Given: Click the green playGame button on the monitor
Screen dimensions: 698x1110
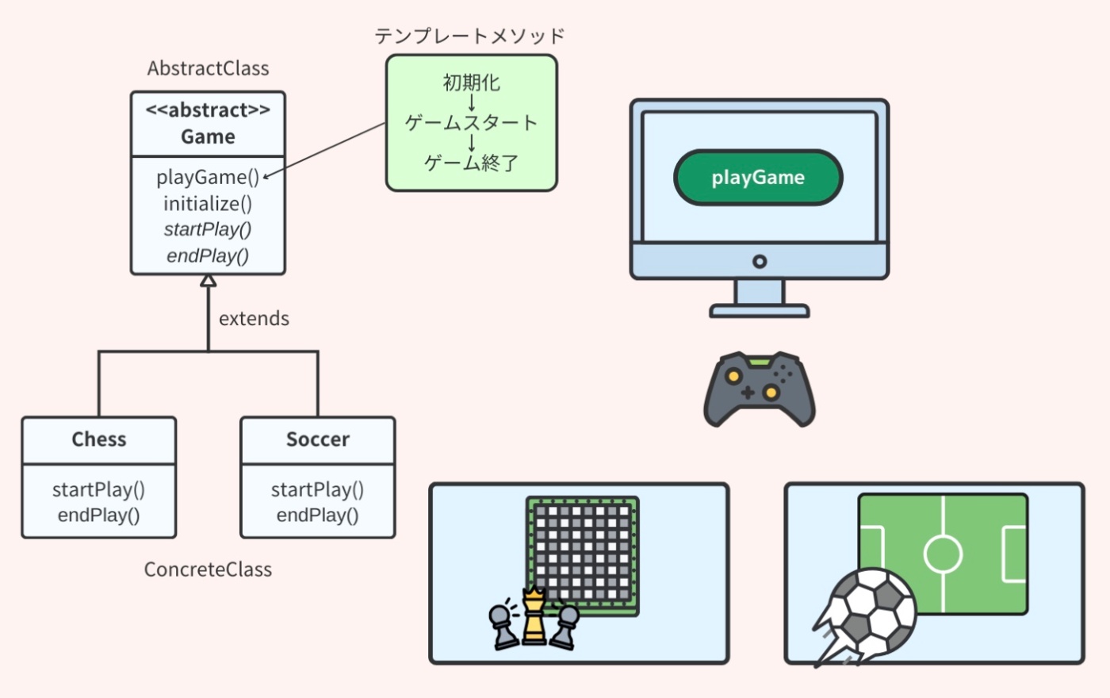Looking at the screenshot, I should (757, 178).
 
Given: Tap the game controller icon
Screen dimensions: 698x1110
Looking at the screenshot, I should (759, 388).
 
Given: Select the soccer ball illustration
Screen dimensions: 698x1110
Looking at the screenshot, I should (870, 612).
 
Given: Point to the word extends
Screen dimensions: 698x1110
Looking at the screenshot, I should (254, 319).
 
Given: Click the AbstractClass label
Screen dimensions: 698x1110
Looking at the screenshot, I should (208, 69).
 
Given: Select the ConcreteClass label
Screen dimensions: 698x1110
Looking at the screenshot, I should (208, 570).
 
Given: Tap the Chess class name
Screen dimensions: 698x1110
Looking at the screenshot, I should (99, 439).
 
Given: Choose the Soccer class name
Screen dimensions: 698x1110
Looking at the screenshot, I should (317, 439).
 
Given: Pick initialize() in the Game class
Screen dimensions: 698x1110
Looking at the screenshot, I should (208, 204).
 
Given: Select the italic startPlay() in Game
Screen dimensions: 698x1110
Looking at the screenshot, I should (208, 229).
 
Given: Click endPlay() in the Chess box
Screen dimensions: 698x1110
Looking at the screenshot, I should (99, 516).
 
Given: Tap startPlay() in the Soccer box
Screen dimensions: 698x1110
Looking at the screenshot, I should (317, 489).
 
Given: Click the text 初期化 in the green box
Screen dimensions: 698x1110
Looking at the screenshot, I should (471, 82).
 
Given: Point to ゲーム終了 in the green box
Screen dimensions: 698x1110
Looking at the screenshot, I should (471, 163).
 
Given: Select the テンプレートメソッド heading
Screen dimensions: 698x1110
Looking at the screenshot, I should (469, 36).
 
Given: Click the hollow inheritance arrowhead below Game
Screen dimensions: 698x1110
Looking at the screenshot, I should (208, 281).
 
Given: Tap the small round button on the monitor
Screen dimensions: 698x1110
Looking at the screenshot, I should (760, 261).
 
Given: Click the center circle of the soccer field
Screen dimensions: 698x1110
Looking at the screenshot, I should (943, 554).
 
